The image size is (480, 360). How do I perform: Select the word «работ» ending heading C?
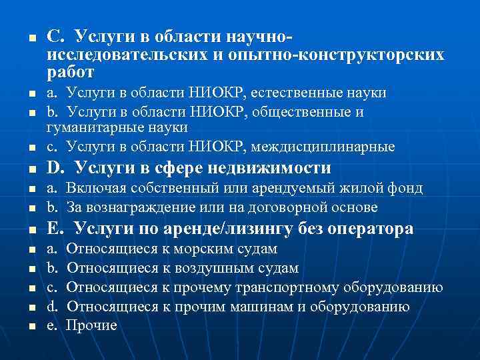71,72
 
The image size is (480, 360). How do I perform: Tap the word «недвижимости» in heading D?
274,167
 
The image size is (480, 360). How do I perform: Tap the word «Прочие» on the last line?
92,325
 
